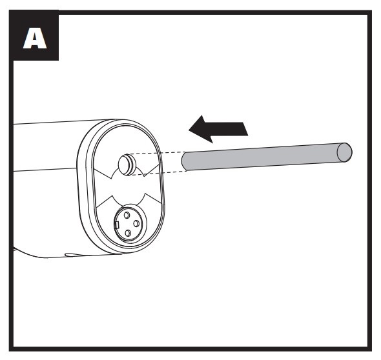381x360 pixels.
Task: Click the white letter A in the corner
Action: point(35,38)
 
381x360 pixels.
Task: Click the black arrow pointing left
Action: point(218,129)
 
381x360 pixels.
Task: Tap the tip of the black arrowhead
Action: point(189,130)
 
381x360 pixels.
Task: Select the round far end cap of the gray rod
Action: point(344,152)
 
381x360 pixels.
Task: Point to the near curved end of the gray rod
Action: point(184,162)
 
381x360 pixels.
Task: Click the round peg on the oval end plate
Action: point(127,164)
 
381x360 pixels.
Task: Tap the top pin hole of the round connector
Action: point(127,215)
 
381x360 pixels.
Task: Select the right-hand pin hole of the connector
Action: point(136,223)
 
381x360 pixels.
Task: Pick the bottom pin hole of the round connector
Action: point(128,234)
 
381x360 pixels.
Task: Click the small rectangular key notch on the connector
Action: point(117,225)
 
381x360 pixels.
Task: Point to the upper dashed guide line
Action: point(158,153)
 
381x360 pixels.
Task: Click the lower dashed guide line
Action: point(159,173)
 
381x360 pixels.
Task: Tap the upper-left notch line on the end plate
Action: point(103,174)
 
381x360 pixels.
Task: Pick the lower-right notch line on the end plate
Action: point(152,198)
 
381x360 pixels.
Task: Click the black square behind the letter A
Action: point(34,35)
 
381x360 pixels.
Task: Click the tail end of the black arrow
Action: point(245,129)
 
